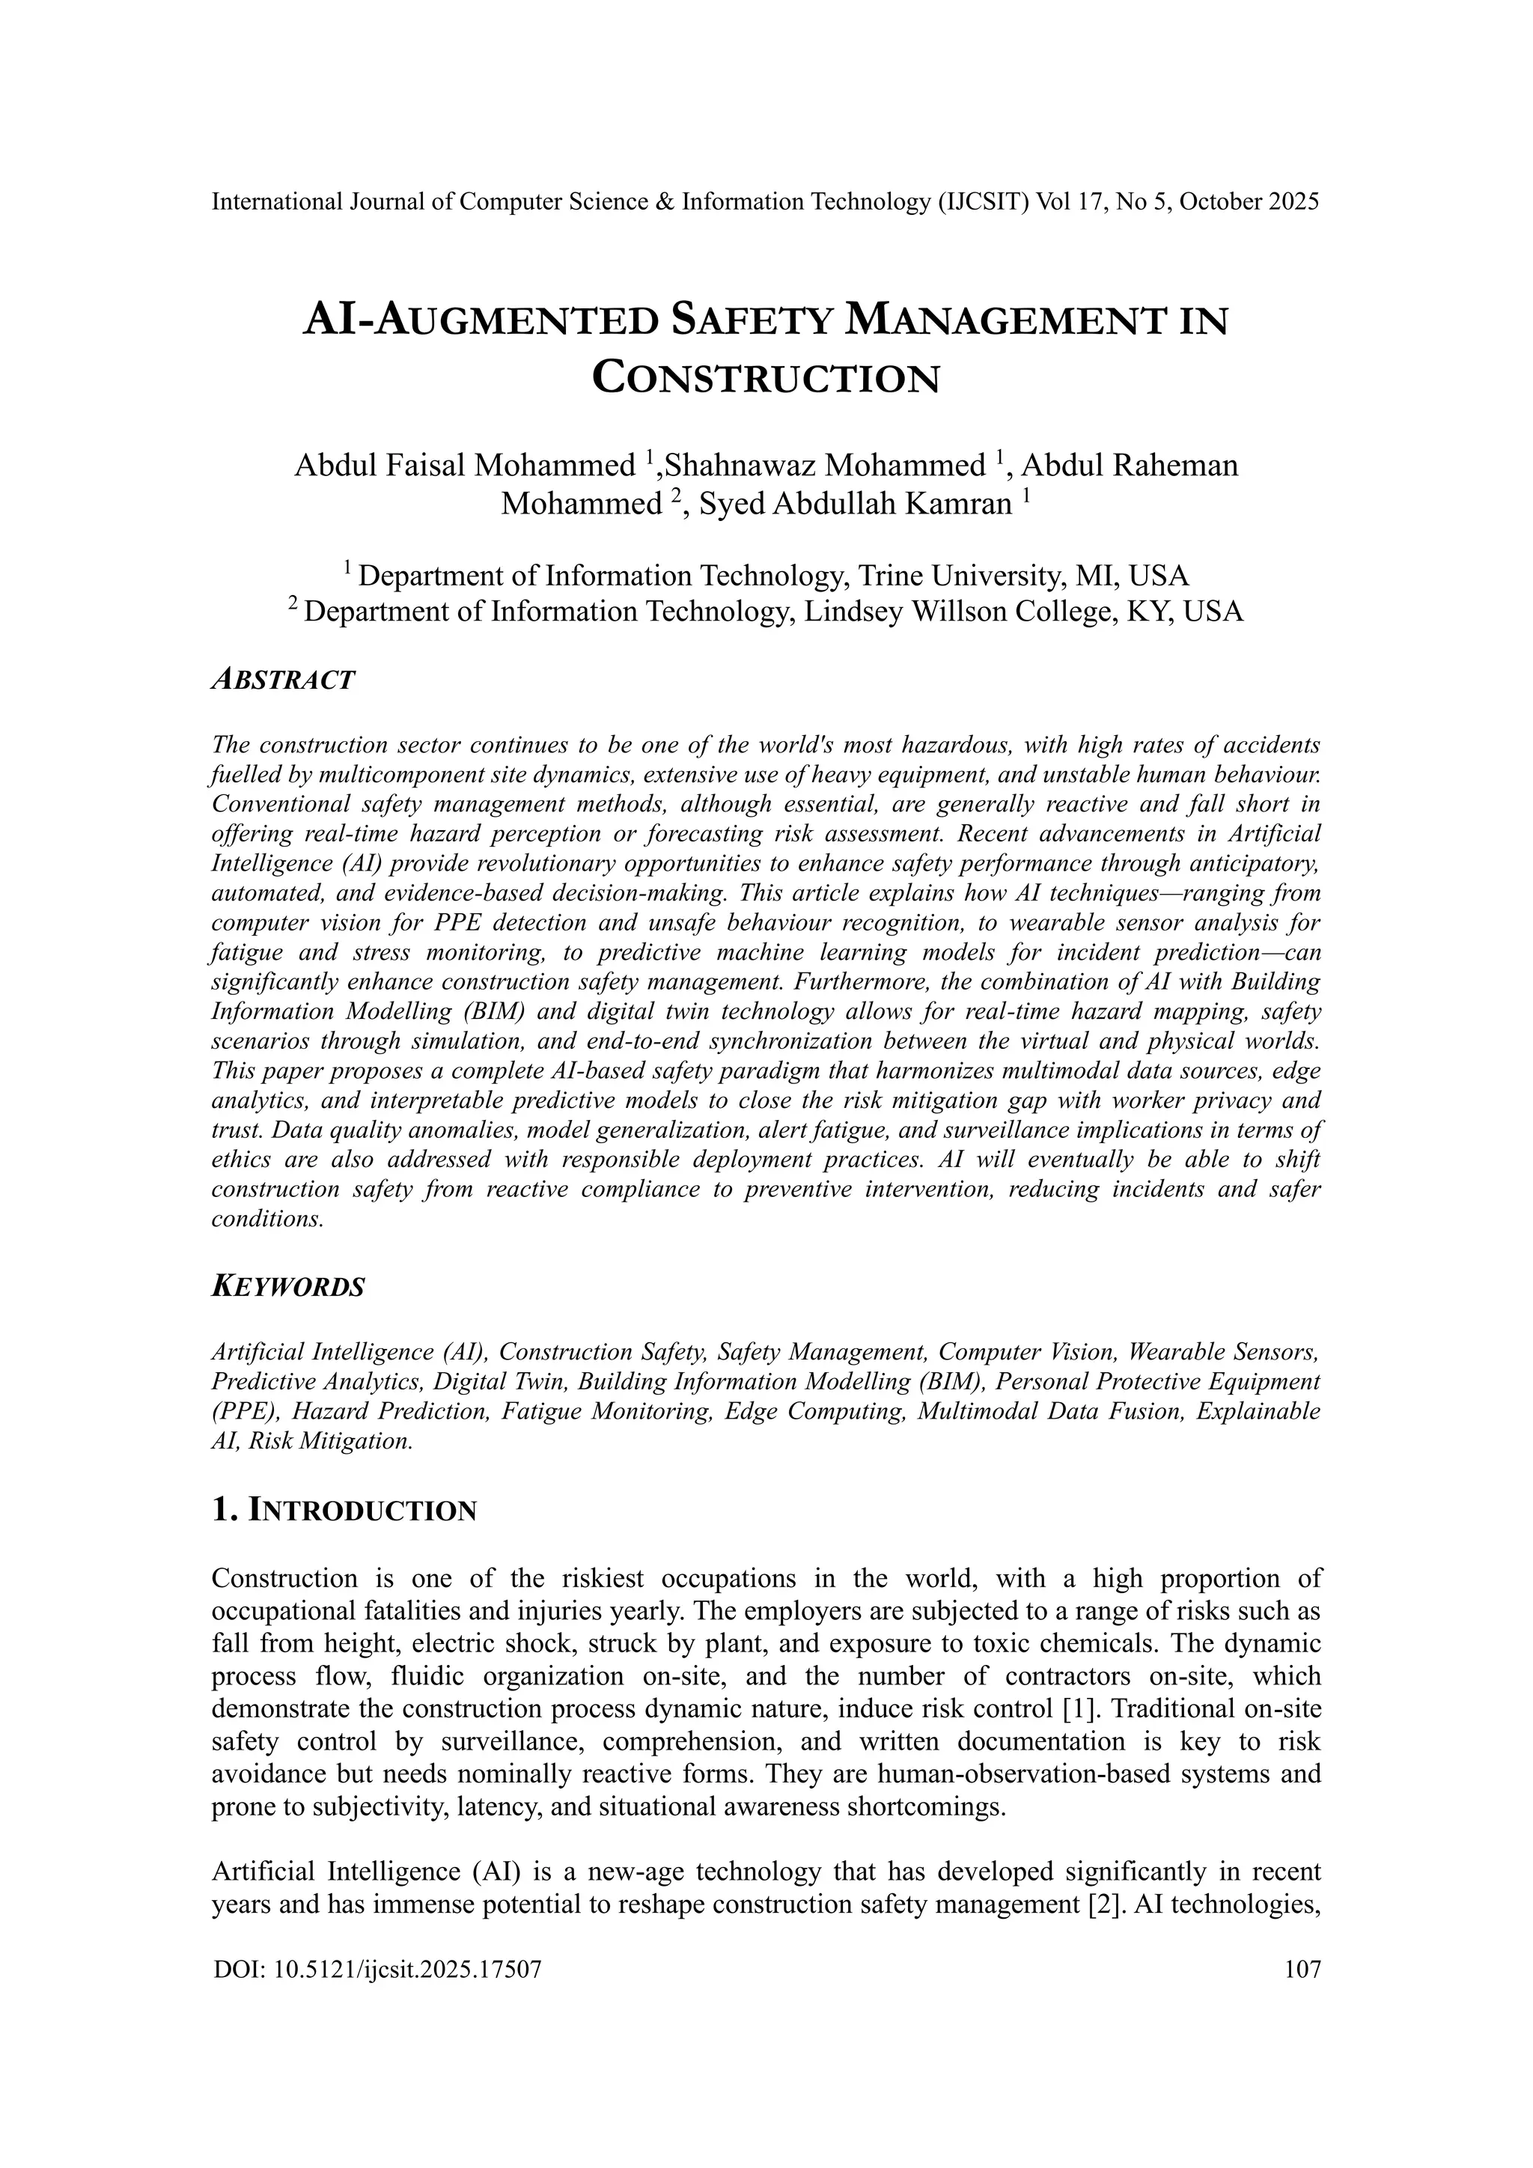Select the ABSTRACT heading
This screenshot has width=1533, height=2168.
tap(282, 679)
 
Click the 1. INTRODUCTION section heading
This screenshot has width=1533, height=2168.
tap(344, 1511)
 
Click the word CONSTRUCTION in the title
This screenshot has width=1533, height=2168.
tap(766, 379)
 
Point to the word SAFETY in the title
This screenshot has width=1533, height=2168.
tap(752, 321)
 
